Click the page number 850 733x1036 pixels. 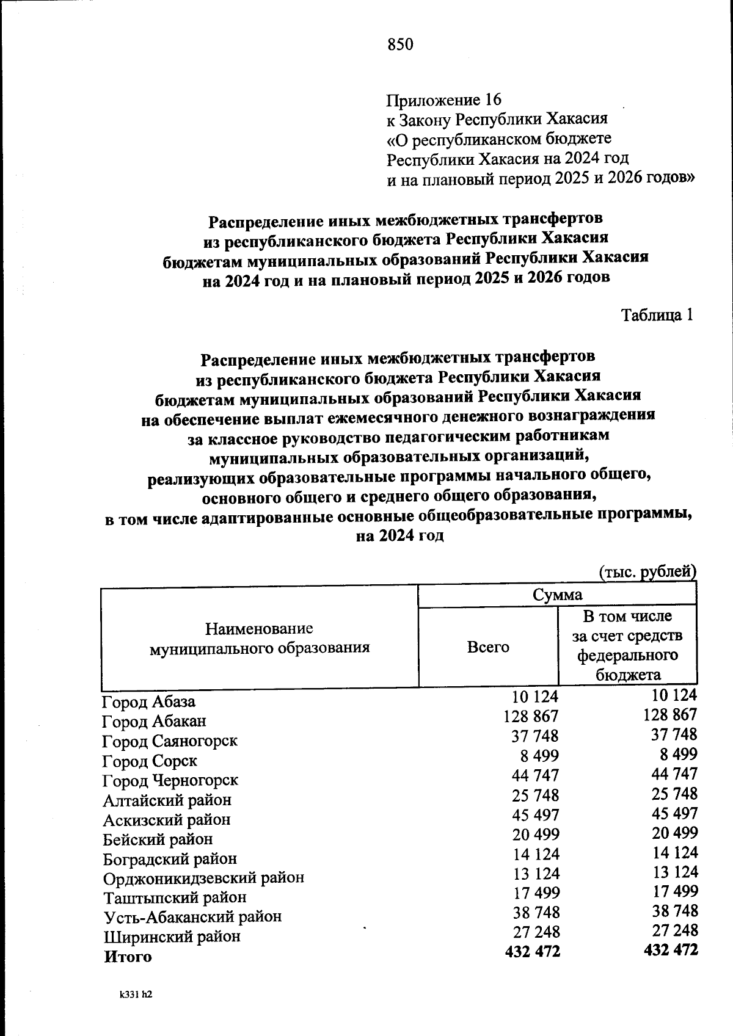click(401, 44)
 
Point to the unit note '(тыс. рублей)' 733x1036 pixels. click(647, 572)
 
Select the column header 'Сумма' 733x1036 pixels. click(557, 595)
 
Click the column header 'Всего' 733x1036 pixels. click(488, 647)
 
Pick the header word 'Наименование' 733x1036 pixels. click(259, 628)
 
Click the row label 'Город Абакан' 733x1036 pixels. click(154, 721)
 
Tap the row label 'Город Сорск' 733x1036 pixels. click(150, 761)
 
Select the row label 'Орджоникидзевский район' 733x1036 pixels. click(203, 878)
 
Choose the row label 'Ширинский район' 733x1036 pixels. click(172, 936)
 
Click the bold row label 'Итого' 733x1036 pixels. click(128, 957)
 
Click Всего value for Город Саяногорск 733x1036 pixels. click(535, 736)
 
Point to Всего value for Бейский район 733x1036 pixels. click(535, 834)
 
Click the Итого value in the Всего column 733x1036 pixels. click(533, 951)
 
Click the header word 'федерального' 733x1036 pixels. click(627, 656)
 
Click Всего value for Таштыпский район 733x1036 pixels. click(536, 893)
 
